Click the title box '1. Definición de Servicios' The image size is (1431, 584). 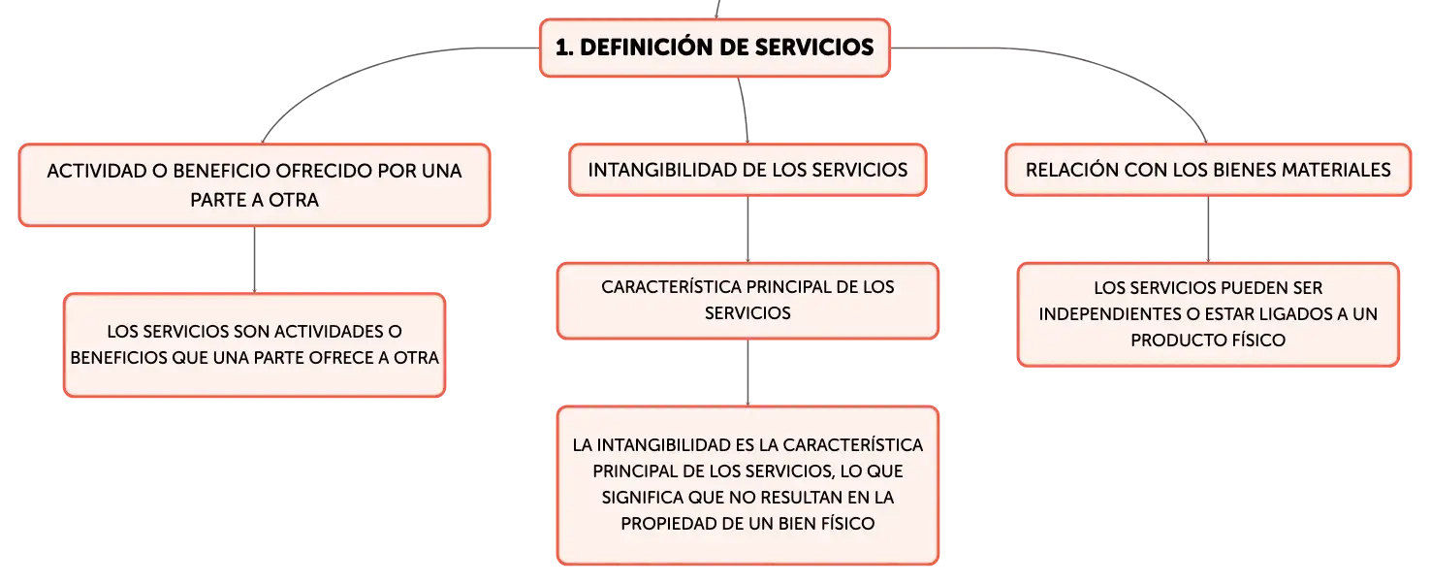click(715, 48)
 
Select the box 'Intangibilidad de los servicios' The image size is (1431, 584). click(747, 170)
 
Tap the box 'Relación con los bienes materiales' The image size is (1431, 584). click(1208, 170)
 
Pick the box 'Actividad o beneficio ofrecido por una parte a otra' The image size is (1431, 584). click(254, 185)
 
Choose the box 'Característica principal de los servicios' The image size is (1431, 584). click(747, 301)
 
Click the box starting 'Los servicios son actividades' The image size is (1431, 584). click(254, 345)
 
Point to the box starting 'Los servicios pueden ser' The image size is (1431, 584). click(1208, 314)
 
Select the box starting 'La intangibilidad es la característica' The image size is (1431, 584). click(747, 485)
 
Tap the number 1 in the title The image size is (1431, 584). click(561, 48)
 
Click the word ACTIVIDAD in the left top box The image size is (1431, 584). click(96, 172)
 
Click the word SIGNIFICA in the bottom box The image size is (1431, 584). click(641, 498)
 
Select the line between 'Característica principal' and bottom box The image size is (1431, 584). click(747, 373)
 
